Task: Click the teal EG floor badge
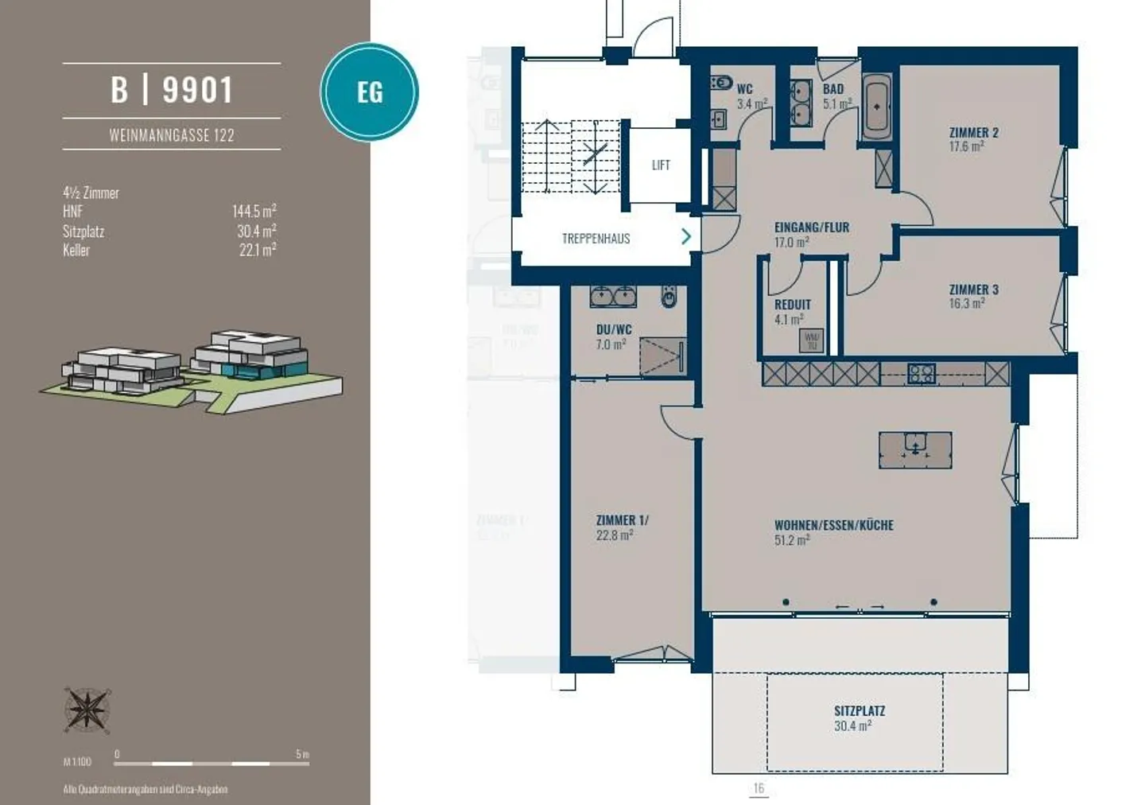pyautogui.click(x=369, y=91)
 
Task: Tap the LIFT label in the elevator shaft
pyautogui.click(x=660, y=165)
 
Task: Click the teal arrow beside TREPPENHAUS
pyautogui.click(x=685, y=236)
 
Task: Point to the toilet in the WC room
pyautogui.click(x=721, y=83)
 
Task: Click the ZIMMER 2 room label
pyautogui.click(x=973, y=132)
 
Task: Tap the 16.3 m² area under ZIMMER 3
pyautogui.click(x=966, y=303)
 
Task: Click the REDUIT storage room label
pyautogui.click(x=793, y=305)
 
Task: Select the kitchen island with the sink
pyautogui.click(x=915, y=449)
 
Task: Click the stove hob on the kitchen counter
pyautogui.click(x=921, y=373)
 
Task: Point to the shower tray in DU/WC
pyautogui.click(x=662, y=357)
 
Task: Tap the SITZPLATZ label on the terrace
pyautogui.click(x=859, y=710)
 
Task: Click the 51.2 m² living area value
pyautogui.click(x=792, y=540)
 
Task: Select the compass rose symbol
pyautogui.click(x=87, y=710)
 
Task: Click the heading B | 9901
pyautogui.click(x=172, y=90)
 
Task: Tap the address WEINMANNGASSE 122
pyautogui.click(x=172, y=135)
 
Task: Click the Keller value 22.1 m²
pyautogui.click(x=257, y=250)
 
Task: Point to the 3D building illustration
pyautogui.click(x=191, y=370)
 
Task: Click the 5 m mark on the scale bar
pyautogui.click(x=302, y=754)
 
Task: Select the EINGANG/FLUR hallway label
pyautogui.click(x=811, y=227)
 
